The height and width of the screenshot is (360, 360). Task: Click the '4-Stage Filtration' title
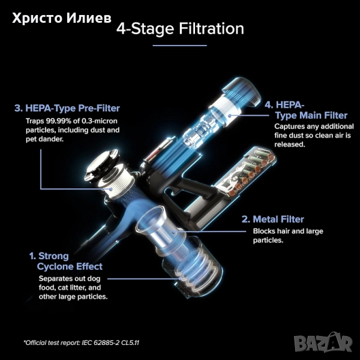[x=180, y=28]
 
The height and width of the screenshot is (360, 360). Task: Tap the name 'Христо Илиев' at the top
[x=62, y=18]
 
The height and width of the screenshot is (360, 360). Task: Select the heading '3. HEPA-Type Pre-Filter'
[x=67, y=108]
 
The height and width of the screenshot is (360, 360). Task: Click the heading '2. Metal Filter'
[x=273, y=219]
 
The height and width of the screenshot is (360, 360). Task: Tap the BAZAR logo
[x=323, y=343]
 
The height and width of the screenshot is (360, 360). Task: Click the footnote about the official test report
[x=82, y=343]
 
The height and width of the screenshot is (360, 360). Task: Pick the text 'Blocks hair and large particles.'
[x=288, y=236]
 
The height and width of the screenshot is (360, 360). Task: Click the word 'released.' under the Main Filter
[x=290, y=145]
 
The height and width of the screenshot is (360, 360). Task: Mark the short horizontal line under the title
[x=180, y=46]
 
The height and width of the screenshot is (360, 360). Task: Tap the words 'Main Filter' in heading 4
[x=323, y=115]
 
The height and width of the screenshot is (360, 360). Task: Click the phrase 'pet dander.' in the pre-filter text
[x=44, y=139]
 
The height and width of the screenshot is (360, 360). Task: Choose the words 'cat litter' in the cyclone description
[x=73, y=287]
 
